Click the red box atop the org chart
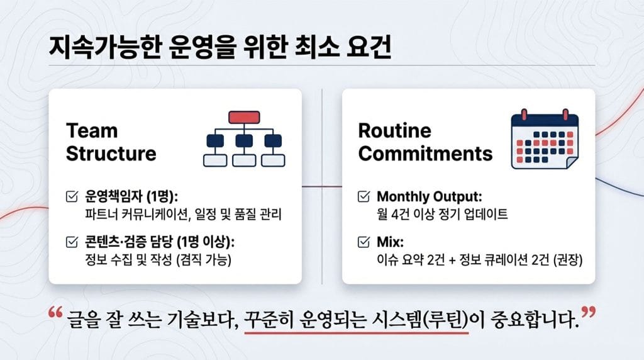click(x=244, y=117)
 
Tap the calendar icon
click(x=545, y=139)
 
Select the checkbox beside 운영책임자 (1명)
click(x=72, y=196)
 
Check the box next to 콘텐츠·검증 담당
click(x=72, y=242)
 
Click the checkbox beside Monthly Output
click(x=364, y=196)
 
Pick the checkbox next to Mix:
click(x=364, y=242)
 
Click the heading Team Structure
click(x=111, y=142)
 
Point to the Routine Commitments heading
click(x=425, y=142)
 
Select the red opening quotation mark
click(x=55, y=312)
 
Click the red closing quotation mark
click(x=589, y=312)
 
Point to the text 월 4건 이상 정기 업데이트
click(x=442, y=214)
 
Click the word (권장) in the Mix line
click(x=568, y=260)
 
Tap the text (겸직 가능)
click(x=204, y=260)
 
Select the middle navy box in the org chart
click(x=244, y=140)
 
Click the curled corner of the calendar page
click(x=572, y=162)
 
